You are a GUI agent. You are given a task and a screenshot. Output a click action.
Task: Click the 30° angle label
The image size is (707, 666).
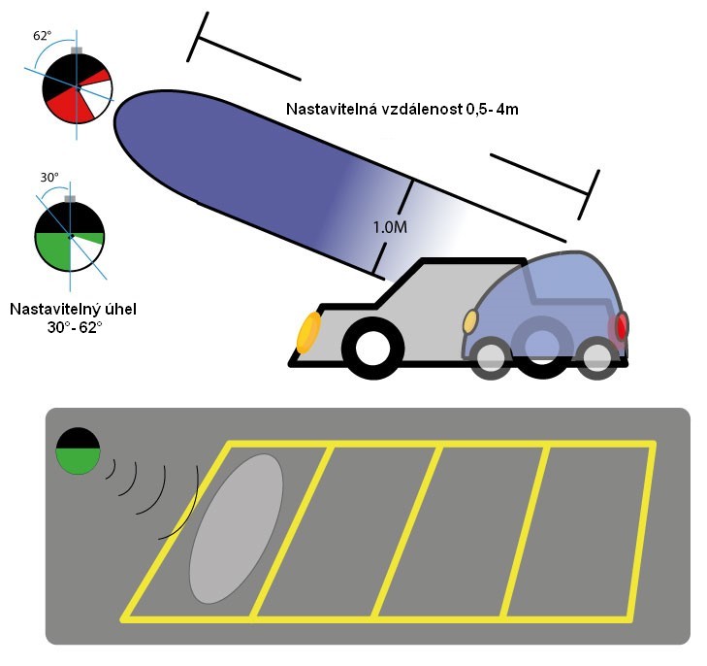(x=49, y=178)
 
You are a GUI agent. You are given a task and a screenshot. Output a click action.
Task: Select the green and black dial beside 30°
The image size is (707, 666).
(x=69, y=234)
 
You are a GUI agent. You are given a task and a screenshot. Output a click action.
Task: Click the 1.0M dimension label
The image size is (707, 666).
(x=389, y=226)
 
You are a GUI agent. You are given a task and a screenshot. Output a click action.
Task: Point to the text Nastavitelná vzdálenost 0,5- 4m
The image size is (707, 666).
(x=402, y=109)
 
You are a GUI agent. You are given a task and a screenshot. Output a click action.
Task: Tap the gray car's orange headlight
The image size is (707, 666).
(x=307, y=332)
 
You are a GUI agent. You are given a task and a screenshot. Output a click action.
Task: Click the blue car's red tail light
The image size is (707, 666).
(x=619, y=326)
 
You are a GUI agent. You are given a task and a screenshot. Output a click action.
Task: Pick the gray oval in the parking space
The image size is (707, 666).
(x=236, y=527)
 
